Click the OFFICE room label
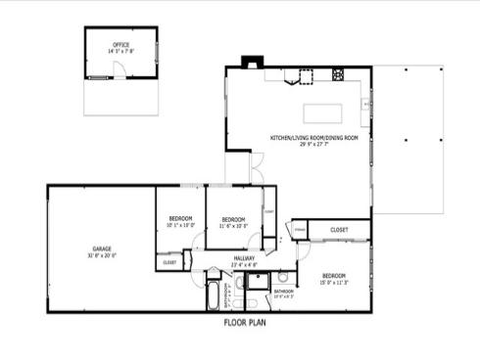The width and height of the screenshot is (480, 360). [x=121, y=44]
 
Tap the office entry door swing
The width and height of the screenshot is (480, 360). [x=117, y=70]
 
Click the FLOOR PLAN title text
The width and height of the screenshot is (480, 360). [x=245, y=321]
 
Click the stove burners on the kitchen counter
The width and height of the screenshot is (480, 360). [x=339, y=74]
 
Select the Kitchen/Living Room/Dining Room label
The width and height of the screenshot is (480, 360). [x=313, y=138]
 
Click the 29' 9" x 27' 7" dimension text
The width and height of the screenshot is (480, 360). [x=313, y=144]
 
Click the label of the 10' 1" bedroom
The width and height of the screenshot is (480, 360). [x=180, y=218]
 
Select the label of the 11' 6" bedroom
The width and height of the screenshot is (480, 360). [x=232, y=218]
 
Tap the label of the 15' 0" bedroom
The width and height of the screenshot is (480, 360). [x=334, y=277]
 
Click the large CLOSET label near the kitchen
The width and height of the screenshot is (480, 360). [x=339, y=230]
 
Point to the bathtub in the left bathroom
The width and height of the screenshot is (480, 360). [x=214, y=294]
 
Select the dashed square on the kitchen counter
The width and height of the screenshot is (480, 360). [x=306, y=77]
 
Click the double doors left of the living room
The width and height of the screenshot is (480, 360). [x=256, y=167]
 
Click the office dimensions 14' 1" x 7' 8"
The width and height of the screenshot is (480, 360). [x=121, y=50]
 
